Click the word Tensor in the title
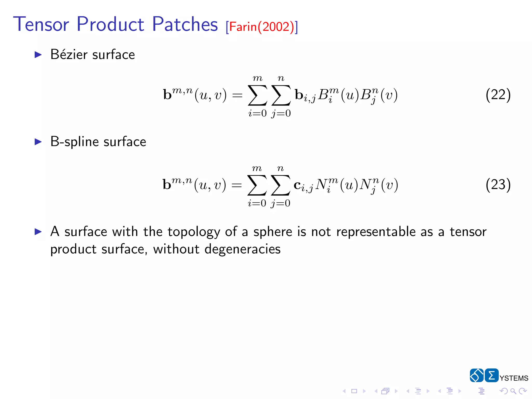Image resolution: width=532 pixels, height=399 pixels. point(41,24)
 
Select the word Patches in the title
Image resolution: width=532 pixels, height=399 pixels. point(185,24)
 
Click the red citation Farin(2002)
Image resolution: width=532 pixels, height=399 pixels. point(262,27)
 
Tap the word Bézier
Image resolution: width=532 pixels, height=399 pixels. point(69,55)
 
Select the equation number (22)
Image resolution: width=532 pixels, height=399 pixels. point(498,95)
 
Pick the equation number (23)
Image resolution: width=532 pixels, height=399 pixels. point(498,184)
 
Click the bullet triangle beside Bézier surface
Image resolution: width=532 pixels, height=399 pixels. point(38,55)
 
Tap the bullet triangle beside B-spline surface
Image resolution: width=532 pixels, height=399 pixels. point(38,142)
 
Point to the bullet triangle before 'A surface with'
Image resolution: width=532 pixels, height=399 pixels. point(38,232)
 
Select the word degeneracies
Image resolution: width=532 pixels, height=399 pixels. point(242,249)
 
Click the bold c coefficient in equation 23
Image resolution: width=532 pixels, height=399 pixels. point(297,185)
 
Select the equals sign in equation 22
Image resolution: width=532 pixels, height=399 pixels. point(237,95)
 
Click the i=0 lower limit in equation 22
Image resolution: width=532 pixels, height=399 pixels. point(257,114)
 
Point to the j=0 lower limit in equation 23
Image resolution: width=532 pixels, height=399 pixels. point(280,203)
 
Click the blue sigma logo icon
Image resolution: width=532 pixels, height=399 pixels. point(491,375)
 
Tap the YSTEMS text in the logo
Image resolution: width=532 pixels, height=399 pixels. point(514,378)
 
